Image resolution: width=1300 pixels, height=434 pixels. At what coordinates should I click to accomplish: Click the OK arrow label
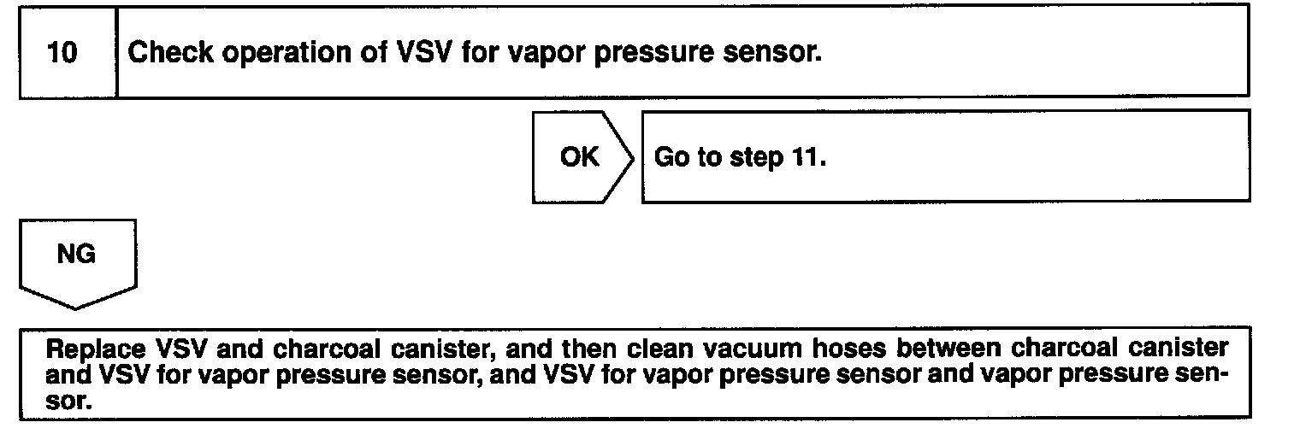(579, 158)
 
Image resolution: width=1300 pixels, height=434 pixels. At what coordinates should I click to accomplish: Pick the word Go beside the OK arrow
(668, 158)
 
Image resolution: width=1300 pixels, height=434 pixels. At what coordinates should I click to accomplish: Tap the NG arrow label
(76, 255)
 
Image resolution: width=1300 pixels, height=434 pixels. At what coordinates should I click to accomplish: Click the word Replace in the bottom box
(89, 350)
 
